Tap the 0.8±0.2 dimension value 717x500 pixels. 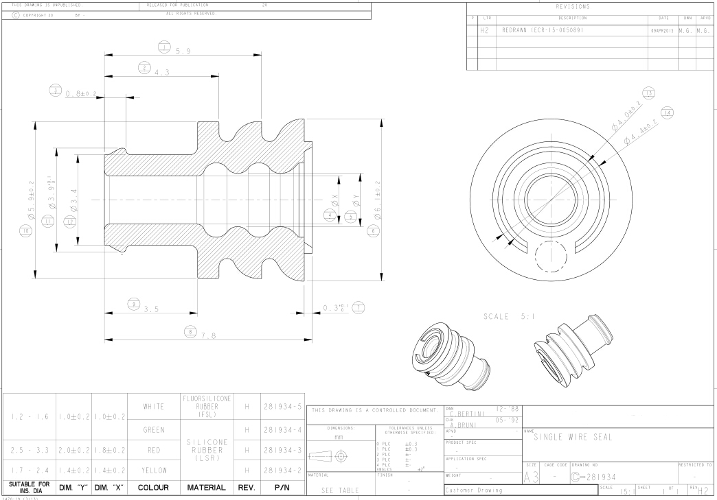(81, 93)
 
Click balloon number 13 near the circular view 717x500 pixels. (648, 93)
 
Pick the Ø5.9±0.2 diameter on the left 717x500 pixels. (31, 199)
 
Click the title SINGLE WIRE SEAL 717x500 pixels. (576, 437)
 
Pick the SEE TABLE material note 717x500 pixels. (340, 490)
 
